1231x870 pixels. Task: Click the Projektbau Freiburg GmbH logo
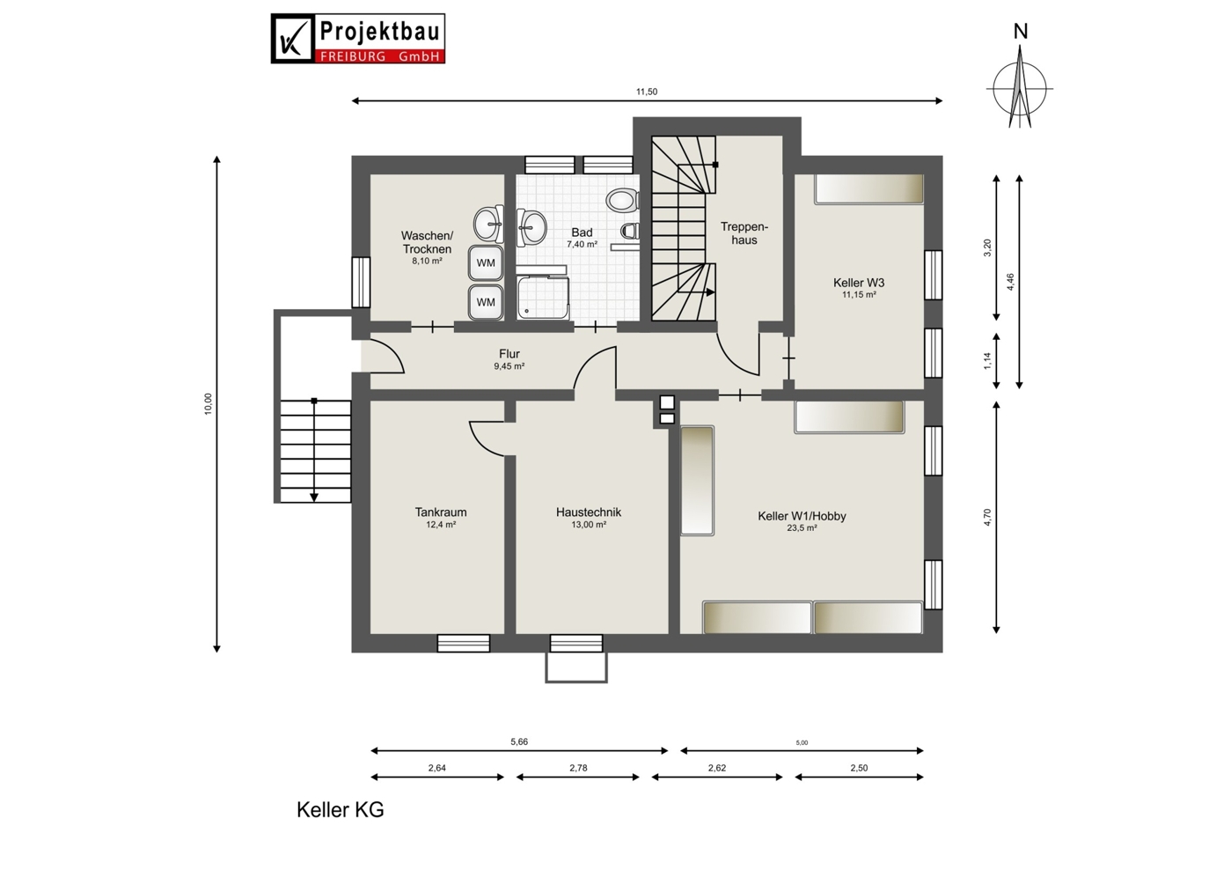point(358,39)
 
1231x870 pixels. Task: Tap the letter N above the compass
point(1021,32)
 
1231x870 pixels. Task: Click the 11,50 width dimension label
point(647,92)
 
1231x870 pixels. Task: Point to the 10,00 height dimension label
point(208,403)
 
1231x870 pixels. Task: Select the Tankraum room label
point(441,512)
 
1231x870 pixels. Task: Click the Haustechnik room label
point(589,512)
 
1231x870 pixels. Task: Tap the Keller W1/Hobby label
point(802,516)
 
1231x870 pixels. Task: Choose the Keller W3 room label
point(859,283)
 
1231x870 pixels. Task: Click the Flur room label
point(509,354)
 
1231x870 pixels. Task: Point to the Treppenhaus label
point(744,233)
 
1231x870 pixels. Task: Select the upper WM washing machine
point(485,263)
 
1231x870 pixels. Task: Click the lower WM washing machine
point(485,302)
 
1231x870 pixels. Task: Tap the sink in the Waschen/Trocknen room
point(488,224)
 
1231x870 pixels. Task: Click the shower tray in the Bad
point(543,298)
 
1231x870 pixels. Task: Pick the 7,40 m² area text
point(582,244)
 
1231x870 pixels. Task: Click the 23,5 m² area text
point(802,528)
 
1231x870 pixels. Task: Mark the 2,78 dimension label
point(578,768)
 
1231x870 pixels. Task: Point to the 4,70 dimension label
point(987,518)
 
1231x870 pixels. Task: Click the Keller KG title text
point(341,809)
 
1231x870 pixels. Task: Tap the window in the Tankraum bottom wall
point(463,644)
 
